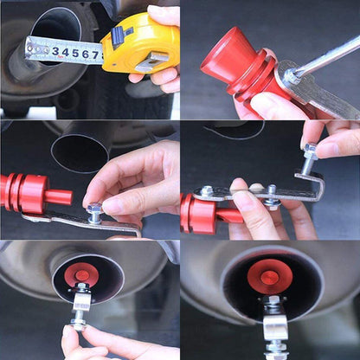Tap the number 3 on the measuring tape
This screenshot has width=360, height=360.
(55, 53)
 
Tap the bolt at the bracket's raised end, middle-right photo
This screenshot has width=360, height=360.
(310, 157)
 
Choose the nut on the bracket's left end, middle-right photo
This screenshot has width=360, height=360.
(207, 191)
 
